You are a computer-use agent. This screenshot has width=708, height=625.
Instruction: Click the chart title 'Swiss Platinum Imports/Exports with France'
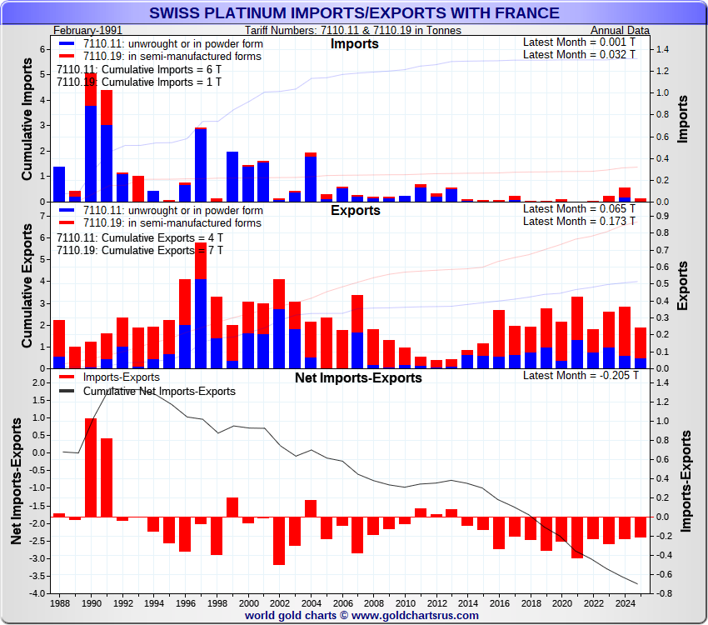(x=354, y=13)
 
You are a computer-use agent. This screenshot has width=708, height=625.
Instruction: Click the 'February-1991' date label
(x=81, y=30)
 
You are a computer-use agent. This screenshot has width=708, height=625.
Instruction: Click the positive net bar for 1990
(x=90, y=467)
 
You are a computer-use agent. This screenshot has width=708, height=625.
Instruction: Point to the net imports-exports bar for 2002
(x=279, y=541)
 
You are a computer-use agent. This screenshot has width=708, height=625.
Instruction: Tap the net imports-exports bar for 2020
(x=561, y=529)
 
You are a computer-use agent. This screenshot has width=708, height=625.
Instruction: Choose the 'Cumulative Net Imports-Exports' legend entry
(x=159, y=391)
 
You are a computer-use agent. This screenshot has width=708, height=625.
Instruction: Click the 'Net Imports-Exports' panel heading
(x=358, y=377)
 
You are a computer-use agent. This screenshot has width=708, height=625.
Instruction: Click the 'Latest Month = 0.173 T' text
(x=579, y=221)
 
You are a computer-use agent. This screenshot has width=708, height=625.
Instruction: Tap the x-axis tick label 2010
(x=405, y=602)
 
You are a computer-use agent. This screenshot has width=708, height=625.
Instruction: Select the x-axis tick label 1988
(x=59, y=602)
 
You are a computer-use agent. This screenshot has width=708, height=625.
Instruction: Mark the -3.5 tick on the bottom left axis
(x=38, y=576)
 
